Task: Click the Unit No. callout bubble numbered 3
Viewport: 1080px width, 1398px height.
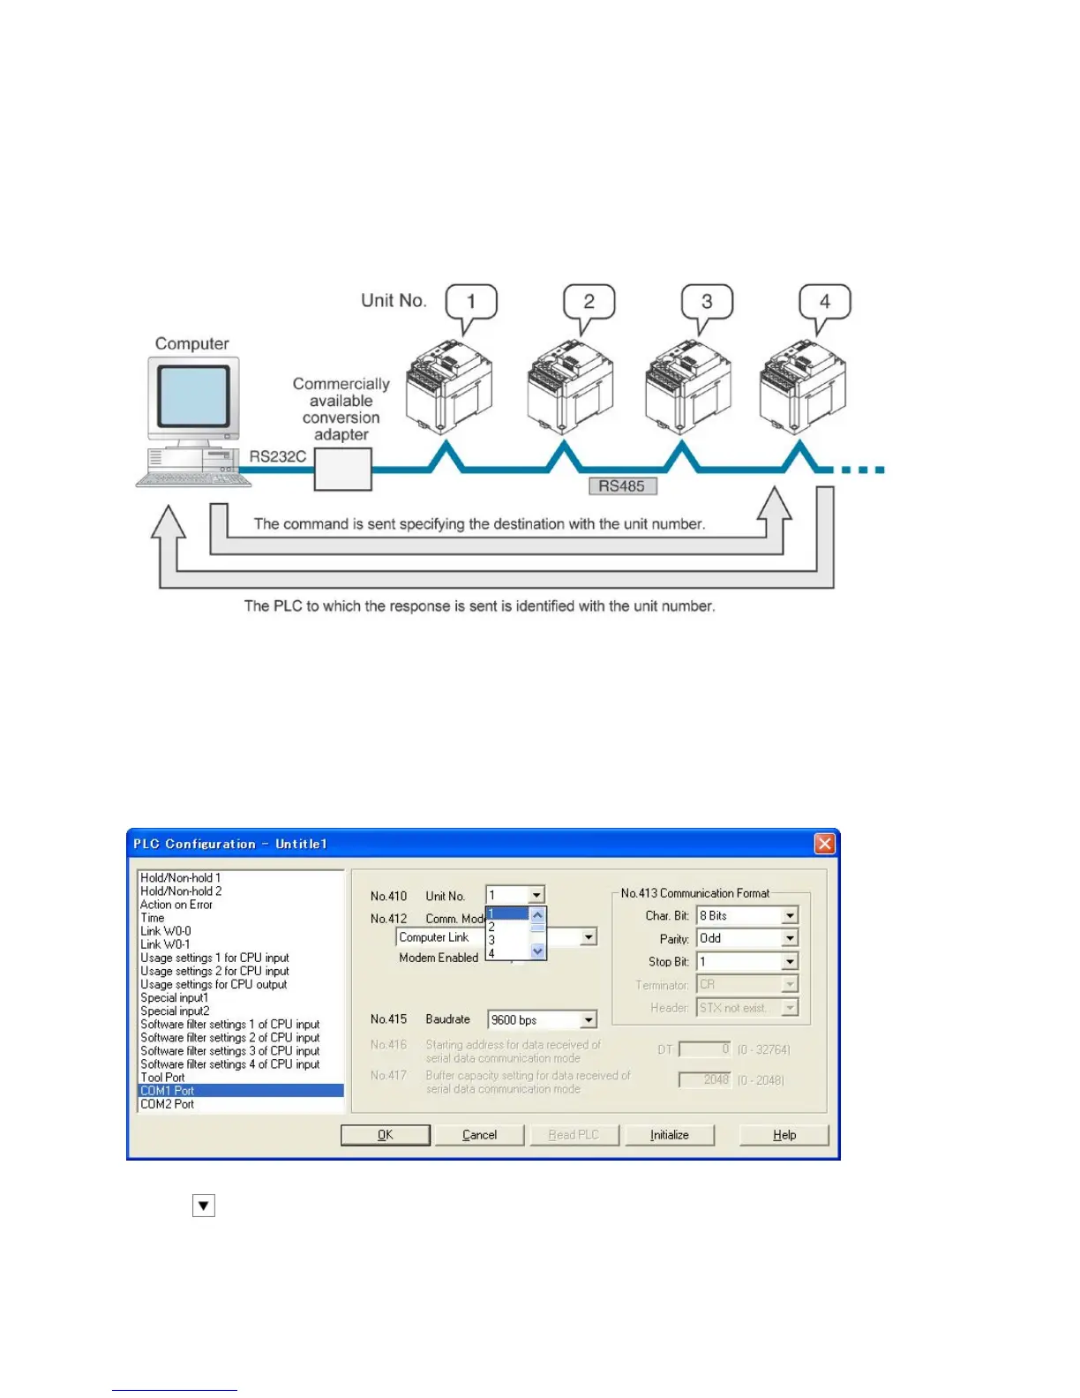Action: pyautogui.click(x=707, y=302)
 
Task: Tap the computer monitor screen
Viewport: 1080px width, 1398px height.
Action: pyautogui.click(x=193, y=396)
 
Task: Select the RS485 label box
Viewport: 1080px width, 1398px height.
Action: pyautogui.click(x=622, y=486)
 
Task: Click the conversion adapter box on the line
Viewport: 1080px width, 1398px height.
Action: pyautogui.click(x=343, y=469)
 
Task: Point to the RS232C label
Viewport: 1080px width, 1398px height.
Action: pyautogui.click(x=277, y=456)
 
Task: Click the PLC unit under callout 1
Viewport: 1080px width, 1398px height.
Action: pyautogui.click(x=449, y=389)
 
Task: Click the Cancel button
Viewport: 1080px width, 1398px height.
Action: pyautogui.click(x=480, y=1135)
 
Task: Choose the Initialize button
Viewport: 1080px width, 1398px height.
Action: pyautogui.click(x=670, y=1135)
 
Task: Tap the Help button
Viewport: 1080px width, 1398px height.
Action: pyautogui.click(x=784, y=1135)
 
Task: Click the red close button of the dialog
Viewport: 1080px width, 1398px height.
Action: pyautogui.click(x=824, y=844)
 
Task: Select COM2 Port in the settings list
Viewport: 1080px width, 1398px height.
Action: pyautogui.click(x=168, y=1104)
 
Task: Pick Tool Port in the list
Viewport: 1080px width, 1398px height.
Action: pyautogui.click(x=163, y=1078)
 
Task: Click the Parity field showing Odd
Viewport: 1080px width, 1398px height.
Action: pyautogui.click(x=746, y=938)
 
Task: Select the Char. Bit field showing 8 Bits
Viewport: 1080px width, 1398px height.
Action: pyautogui.click(x=746, y=916)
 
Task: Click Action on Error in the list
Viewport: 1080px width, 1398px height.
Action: pyautogui.click(x=176, y=905)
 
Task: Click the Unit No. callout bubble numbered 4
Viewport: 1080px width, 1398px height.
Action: pyautogui.click(x=825, y=302)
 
